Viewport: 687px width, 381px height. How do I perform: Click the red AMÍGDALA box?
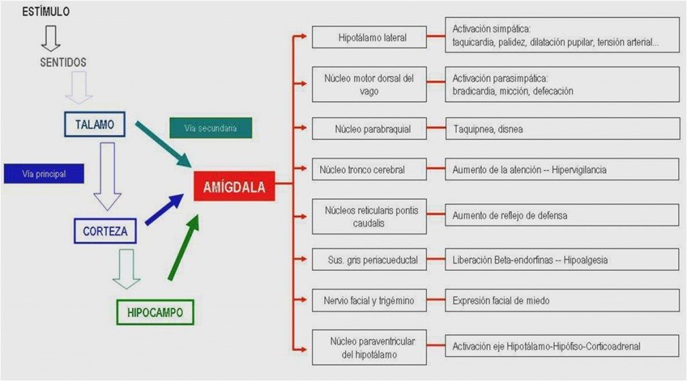234,187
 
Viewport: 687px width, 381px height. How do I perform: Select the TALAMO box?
95,124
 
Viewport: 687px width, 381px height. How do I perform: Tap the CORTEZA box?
105,231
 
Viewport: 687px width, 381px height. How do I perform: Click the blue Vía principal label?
44,174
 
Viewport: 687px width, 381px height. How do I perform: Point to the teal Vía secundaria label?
211,128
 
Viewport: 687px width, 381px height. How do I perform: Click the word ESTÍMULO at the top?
46,12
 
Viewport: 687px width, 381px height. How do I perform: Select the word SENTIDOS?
62,62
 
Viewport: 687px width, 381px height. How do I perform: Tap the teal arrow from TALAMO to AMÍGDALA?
163,144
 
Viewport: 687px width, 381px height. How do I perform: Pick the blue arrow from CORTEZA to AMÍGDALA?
164,209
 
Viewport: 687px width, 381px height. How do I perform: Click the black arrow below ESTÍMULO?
51,38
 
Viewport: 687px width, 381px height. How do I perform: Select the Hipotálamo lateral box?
369,38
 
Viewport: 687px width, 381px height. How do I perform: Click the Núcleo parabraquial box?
369,128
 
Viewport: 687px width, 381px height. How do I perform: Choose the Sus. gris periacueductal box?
369,260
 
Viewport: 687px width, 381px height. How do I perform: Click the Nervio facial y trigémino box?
369,301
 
